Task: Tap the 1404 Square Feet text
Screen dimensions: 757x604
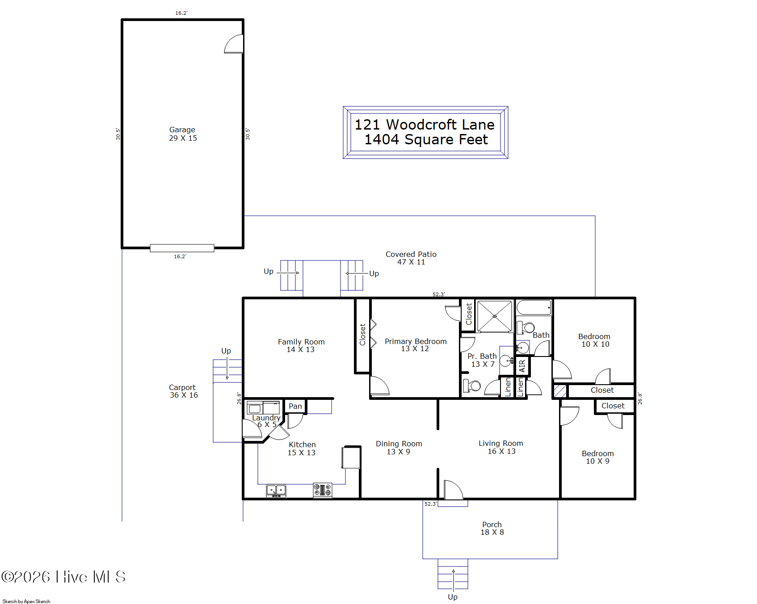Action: click(426, 139)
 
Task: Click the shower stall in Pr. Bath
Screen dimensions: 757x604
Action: click(495, 316)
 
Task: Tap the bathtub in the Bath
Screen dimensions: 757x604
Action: click(534, 308)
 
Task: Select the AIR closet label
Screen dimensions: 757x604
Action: click(522, 366)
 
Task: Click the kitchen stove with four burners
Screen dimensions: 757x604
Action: click(323, 490)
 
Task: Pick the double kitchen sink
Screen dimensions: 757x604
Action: click(276, 491)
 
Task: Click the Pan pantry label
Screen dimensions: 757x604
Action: click(295, 406)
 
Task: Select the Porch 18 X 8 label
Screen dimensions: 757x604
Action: click(492, 528)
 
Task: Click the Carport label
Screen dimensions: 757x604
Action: click(182, 387)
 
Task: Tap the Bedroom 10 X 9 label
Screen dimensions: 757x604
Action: click(598, 457)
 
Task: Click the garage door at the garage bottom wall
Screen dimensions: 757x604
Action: click(182, 248)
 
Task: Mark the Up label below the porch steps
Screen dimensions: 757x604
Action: click(453, 597)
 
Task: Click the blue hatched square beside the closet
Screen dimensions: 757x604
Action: click(560, 391)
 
